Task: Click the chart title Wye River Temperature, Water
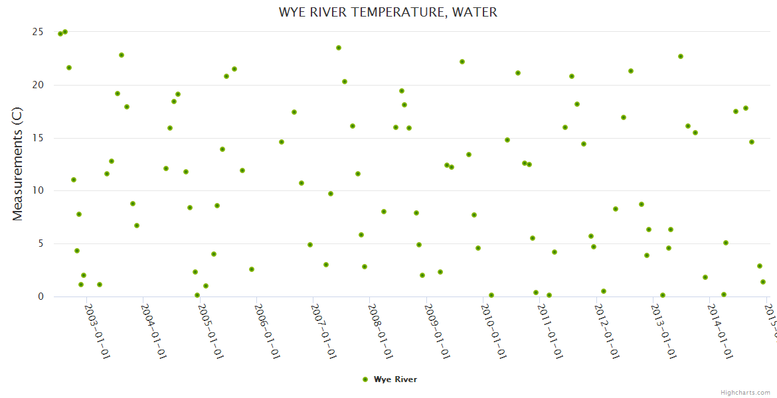coord(388,12)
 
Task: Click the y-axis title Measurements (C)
coord(18,165)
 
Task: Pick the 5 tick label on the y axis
coord(41,243)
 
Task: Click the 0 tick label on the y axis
coord(41,297)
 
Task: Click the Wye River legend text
coord(395,379)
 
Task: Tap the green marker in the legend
coord(365,379)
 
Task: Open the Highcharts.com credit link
coord(745,392)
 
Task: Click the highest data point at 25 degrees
coord(65,32)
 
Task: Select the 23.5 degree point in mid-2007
coord(339,48)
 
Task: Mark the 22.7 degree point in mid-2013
coord(681,56)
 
